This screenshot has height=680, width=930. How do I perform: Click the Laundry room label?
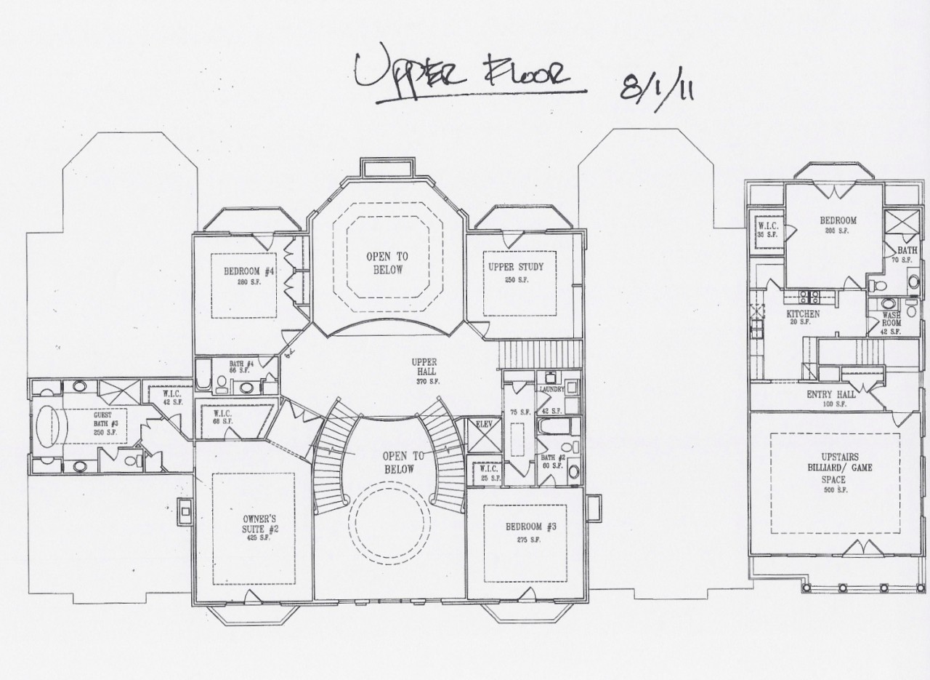(551, 389)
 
